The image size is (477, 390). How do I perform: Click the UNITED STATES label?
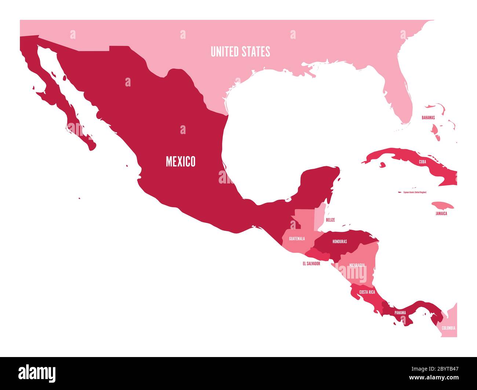[x=240, y=52]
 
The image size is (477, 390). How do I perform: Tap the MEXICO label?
[x=181, y=161]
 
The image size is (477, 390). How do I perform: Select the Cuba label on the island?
[x=422, y=161]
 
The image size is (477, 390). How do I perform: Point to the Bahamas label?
[x=428, y=118]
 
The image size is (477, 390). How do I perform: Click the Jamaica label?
[x=441, y=213]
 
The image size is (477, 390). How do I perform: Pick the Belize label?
[x=330, y=220]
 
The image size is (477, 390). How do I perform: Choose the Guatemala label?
[x=297, y=239]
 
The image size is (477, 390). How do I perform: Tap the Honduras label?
[x=339, y=242]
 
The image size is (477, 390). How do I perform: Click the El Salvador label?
[x=311, y=263]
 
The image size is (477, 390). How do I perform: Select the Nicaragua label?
[x=357, y=265]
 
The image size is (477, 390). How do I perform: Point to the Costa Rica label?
[x=367, y=292]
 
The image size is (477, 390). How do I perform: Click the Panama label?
[x=400, y=313]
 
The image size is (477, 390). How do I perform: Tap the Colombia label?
[x=448, y=328]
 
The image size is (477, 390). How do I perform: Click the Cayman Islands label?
[x=415, y=192]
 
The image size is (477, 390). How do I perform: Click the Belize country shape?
[x=320, y=214]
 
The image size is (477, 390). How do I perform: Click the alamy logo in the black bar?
[x=37, y=373]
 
